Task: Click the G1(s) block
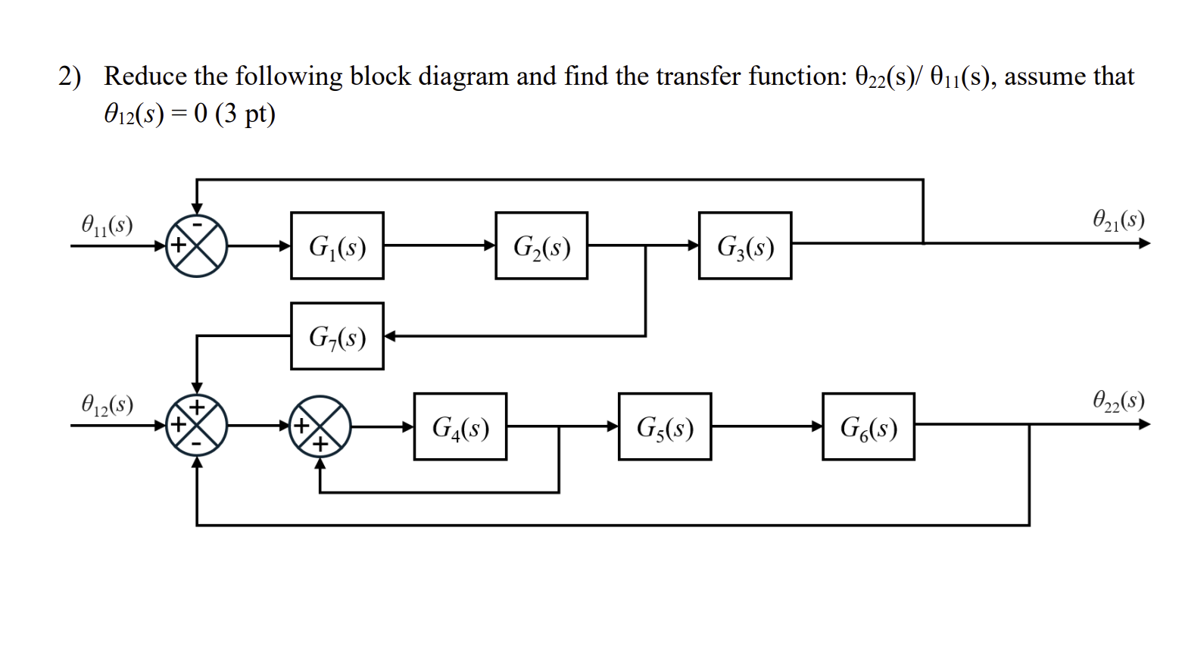tap(337, 245)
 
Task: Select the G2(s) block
tap(541, 245)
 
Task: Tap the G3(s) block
tap(744, 245)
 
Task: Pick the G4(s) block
tap(460, 426)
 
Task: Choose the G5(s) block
tap(664, 426)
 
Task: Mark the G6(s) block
tap(868, 426)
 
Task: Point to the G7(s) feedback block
tap(337, 336)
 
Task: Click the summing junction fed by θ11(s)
tap(197, 245)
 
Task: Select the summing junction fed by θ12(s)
tap(197, 426)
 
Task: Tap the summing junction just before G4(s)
tap(320, 426)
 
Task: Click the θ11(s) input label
tap(107, 224)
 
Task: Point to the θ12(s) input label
tap(107, 404)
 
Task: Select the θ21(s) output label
tap(1118, 220)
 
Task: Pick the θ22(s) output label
tap(1118, 400)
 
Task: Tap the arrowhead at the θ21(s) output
tap(1144, 243)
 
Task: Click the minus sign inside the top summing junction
tap(197, 225)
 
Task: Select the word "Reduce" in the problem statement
tap(145, 76)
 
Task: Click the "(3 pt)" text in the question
tap(245, 114)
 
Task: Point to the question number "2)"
tap(70, 76)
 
